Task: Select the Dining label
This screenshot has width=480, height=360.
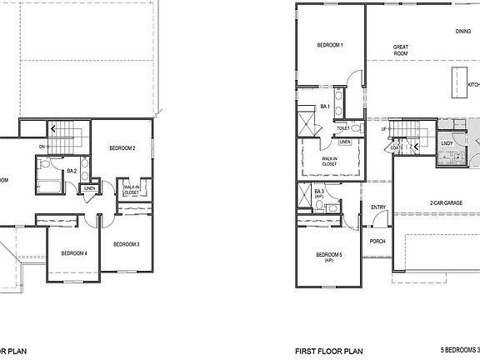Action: click(x=462, y=32)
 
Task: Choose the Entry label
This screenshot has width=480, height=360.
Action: click(x=378, y=207)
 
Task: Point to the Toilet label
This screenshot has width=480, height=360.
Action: click(x=343, y=129)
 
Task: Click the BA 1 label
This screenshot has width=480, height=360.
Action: click(x=326, y=107)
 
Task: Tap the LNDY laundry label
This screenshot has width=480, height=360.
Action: click(x=447, y=143)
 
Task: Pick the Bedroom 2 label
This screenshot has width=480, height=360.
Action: click(x=122, y=148)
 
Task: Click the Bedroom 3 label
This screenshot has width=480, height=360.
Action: click(x=126, y=244)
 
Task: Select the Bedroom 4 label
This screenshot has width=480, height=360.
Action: click(x=73, y=253)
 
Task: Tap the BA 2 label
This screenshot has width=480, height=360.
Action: click(x=72, y=171)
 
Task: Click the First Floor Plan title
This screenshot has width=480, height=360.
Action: click(x=328, y=352)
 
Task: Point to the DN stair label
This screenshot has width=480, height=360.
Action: click(x=40, y=147)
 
